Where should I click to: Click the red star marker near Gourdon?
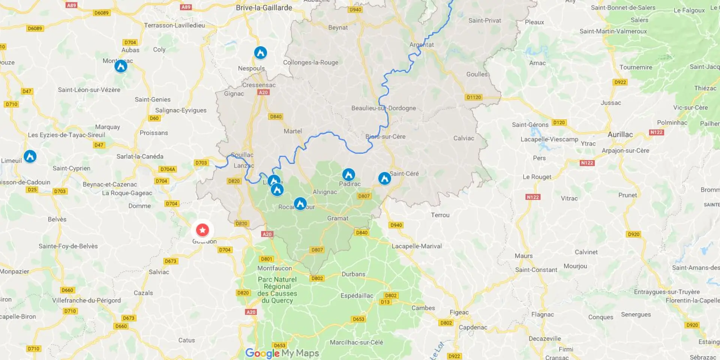point(202,229)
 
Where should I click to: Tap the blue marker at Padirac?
point(348,174)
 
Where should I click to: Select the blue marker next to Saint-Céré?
point(384,178)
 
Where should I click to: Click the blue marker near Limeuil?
point(30,156)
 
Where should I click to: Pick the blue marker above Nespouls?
point(261,52)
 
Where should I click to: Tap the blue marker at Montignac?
point(121,66)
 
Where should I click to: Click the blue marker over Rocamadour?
point(300,204)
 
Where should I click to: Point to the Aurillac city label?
point(620,134)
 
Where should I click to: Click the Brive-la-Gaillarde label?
point(264,7)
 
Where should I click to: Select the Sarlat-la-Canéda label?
point(139,156)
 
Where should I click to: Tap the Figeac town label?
point(459,312)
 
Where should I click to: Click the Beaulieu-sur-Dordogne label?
point(383,108)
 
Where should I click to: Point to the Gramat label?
point(337,218)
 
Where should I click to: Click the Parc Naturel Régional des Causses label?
point(277,290)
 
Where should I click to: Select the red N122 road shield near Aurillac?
point(656,132)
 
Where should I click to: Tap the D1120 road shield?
point(474,97)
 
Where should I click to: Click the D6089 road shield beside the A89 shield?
point(101,13)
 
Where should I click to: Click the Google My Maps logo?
point(282,353)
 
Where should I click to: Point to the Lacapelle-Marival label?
point(417,246)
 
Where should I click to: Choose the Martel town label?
point(292,131)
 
